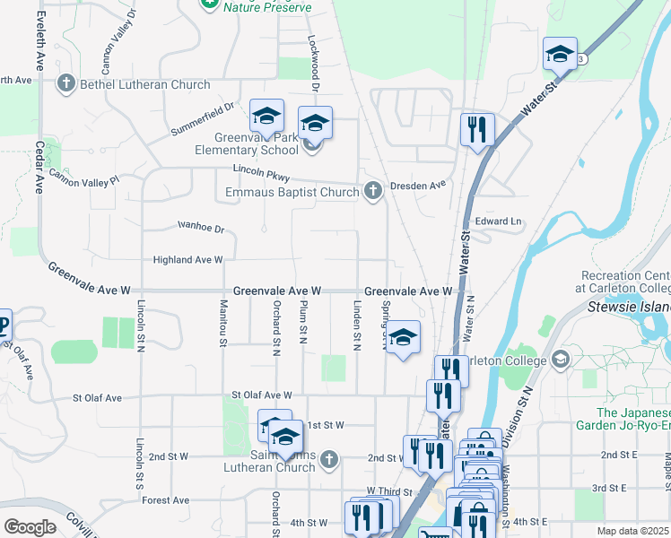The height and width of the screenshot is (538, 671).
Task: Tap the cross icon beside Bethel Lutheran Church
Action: [x=65, y=85]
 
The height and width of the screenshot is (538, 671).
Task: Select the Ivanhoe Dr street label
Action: [x=200, y=227]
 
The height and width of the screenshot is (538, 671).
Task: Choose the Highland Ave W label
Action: [x=187, y=260]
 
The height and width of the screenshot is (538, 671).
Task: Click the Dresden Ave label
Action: [x=419, y=186]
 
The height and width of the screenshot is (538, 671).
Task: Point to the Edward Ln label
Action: [x=499, y=221]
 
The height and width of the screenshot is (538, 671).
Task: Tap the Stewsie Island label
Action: [x=629, y=308]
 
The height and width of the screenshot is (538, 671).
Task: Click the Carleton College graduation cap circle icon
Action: [x=561, y=360]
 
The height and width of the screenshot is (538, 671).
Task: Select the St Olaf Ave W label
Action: [x=262, y=395]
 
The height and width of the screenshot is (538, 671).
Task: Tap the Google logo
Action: [x=30, y=527]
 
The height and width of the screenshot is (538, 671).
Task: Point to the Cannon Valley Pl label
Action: [x=83, y=177]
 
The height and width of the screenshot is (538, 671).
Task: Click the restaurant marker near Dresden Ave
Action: [x=477, y=128]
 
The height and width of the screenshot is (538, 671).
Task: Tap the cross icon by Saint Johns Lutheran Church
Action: [x=328, y=460]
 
